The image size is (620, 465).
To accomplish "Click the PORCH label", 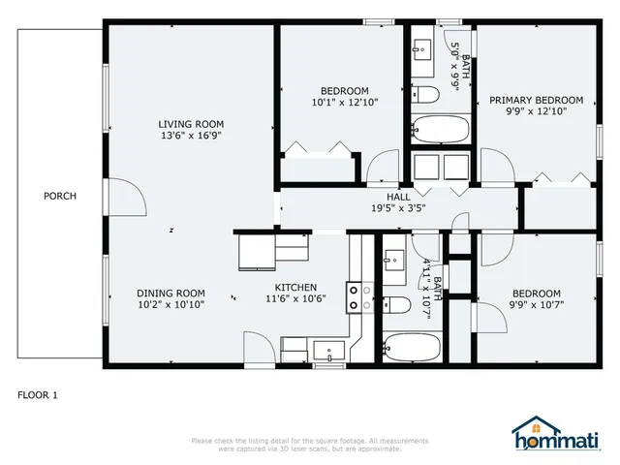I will coord(59,196).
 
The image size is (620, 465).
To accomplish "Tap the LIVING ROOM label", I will coord(192,124).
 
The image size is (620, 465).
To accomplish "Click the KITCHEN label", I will coord(295,287).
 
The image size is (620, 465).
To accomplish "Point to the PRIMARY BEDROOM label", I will coord(536,100).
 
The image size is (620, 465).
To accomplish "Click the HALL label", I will coord(398,196).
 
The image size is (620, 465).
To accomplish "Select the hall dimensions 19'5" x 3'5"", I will coord(398,207).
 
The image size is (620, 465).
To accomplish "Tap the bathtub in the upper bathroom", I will coord(440,129).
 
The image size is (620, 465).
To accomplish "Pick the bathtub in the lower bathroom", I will coord(409,344).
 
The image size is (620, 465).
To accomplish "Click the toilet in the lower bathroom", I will coord(395,307).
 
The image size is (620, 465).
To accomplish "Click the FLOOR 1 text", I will coord(38,395).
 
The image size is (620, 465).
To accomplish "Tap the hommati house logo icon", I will coord(529,426).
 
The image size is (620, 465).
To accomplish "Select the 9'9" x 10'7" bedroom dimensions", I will coord(536,305).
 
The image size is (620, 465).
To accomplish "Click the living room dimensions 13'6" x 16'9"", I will coord(192,137).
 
